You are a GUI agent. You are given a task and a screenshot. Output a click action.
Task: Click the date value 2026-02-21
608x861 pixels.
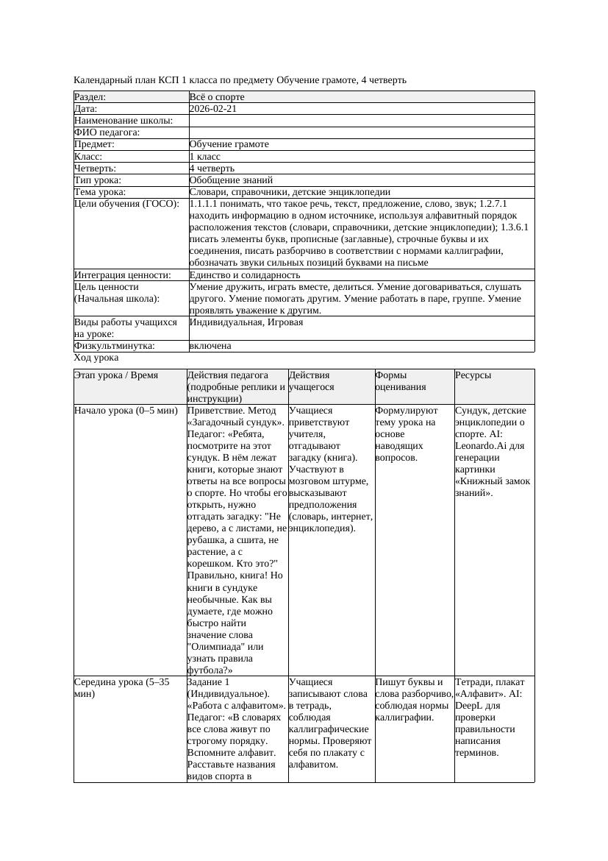212,109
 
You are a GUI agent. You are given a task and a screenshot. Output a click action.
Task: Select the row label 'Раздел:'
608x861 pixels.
90,97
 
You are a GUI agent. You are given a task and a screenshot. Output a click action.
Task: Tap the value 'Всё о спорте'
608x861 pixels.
217,97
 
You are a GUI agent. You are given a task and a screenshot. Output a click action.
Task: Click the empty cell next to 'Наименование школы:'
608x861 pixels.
361,121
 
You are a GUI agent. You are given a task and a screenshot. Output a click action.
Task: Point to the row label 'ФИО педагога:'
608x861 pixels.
107,132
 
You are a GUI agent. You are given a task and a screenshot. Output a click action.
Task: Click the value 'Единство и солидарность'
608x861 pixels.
245,275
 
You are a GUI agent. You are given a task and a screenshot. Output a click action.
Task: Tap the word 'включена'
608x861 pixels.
210,346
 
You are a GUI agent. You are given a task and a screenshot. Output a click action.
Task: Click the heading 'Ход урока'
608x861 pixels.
96,358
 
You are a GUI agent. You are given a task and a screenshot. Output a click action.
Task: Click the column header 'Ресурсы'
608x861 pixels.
473,375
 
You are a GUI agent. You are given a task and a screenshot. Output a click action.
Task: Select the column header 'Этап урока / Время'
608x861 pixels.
116,375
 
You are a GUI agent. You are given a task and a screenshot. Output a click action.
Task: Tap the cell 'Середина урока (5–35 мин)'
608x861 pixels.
122,687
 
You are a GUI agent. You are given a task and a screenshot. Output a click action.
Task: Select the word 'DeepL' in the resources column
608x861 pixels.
471,705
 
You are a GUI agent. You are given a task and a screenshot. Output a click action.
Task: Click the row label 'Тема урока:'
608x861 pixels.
100,191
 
